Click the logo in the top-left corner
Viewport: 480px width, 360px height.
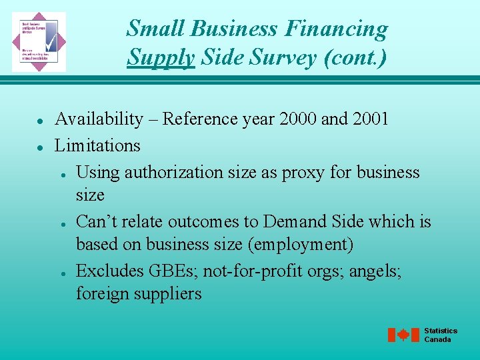[39, 41]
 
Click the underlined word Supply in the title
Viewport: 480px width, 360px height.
[161, 57]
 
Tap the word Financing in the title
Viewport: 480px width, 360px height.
[335, 29]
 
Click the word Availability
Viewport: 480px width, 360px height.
[99, 119]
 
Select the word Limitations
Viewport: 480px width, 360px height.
[97, 145]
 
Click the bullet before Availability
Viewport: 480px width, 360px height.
[41, 121]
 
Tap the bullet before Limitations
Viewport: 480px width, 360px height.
[41, 147]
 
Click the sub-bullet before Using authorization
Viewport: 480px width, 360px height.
[61, 173]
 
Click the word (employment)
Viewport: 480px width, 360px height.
[300, 245]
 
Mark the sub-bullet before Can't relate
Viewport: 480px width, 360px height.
[61, 223]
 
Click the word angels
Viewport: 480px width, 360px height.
[375, 271]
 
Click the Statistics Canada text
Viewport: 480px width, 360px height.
[441, 335]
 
